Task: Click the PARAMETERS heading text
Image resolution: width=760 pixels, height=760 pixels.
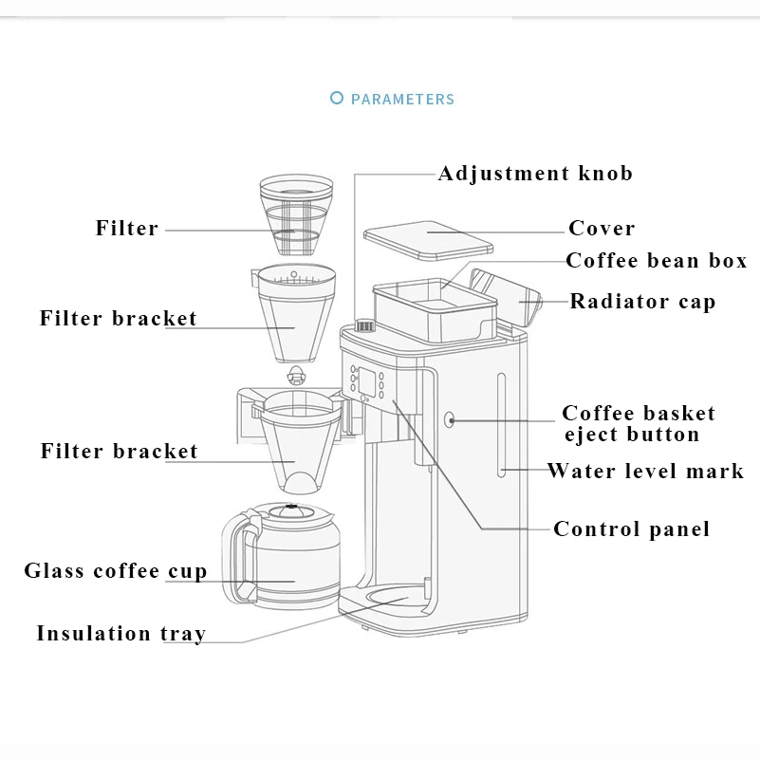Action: click(402, 100)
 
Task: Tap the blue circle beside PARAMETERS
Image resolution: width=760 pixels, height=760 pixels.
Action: click(337, 98)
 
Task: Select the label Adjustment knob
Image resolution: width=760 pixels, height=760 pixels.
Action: click(535, 174)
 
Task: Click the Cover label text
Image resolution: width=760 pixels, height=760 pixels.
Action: click(602, 228)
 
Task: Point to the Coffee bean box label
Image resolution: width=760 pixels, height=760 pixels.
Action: click(657, 261)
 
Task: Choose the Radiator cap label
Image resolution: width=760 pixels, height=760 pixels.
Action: click(642, 302)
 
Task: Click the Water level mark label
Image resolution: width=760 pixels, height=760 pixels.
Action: click(645, 471)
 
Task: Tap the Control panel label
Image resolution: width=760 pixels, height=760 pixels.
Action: click(632, 528)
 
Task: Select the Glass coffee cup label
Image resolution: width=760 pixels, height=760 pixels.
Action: click(116, 570)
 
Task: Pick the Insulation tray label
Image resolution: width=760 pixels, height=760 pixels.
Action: click(121, 634)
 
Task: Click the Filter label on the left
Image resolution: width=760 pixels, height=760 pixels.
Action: click(127, 228)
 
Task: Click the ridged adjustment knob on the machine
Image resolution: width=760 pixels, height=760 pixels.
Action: click(365, 325)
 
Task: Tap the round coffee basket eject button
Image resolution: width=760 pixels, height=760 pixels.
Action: click(450, 419)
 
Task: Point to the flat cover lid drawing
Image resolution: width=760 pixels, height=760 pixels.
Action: click(428, 240)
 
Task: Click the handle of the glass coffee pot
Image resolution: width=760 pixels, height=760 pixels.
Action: click(238, 556)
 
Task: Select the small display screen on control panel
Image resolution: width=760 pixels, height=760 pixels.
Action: click(365, 380)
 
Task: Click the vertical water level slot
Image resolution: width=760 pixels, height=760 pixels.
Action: click(501, 424)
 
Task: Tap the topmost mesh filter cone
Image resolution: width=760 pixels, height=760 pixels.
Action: click(296, 214)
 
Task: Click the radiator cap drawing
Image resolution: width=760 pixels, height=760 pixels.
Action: click(506, 296)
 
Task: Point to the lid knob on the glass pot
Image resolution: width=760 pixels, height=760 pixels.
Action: click(290, 510)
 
